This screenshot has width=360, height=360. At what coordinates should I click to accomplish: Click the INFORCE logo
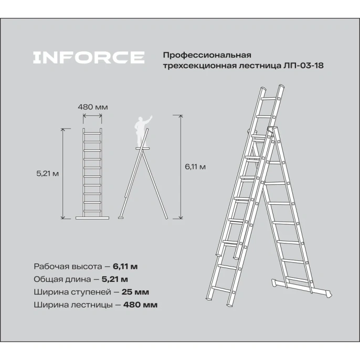click(x=88, y=58)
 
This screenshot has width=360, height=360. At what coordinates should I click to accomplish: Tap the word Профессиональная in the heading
click(x=207, y=55)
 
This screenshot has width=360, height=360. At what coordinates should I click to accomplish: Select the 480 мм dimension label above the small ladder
click(x=93, y=107)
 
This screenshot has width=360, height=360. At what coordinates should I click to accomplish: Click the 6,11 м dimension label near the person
click(x=195, y=167)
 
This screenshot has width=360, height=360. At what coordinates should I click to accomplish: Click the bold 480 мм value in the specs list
click(x=141, y=304)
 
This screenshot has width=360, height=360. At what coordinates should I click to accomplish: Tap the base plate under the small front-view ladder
click(x=93, y=217)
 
